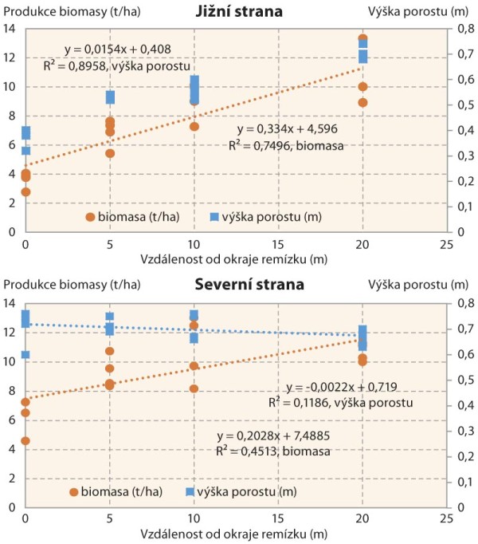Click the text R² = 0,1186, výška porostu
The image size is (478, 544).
340,404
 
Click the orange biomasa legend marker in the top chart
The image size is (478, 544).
90,216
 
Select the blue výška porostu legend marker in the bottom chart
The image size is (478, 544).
190,491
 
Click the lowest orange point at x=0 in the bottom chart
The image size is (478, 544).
26,440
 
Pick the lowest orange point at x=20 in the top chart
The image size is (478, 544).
362,102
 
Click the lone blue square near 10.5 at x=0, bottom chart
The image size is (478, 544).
26,354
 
